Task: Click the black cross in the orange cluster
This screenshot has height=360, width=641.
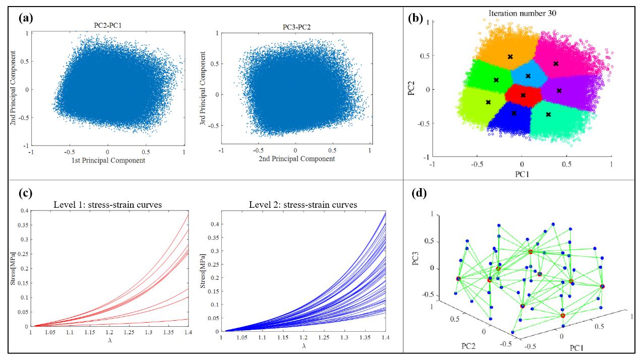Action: tap(510, 56)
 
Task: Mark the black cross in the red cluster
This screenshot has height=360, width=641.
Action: tap(523, 95)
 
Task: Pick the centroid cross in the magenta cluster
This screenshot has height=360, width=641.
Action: tap(556, 64)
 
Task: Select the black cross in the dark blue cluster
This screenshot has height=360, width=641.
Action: tap(514, 113)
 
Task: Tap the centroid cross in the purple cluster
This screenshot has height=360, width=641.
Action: tap(559, 91)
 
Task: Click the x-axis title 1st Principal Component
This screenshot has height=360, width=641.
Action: tap(107, 160)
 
